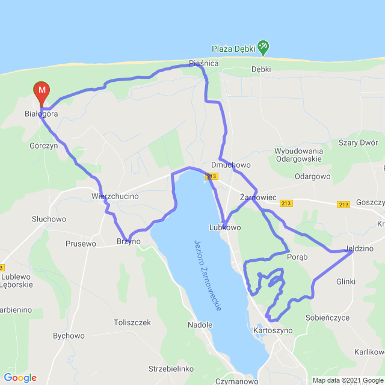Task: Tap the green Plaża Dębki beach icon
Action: coord(263,46)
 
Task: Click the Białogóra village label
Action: coord(42,114)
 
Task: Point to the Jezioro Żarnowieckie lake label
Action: coord(208,275)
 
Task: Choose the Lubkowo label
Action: coord(224,228)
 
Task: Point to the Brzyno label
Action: coord(128,241)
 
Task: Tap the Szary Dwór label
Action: coord(359,143)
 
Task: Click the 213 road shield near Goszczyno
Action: coord(343,205)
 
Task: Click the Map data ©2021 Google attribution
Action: coord(348,380)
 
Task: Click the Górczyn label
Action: coord(43,146)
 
